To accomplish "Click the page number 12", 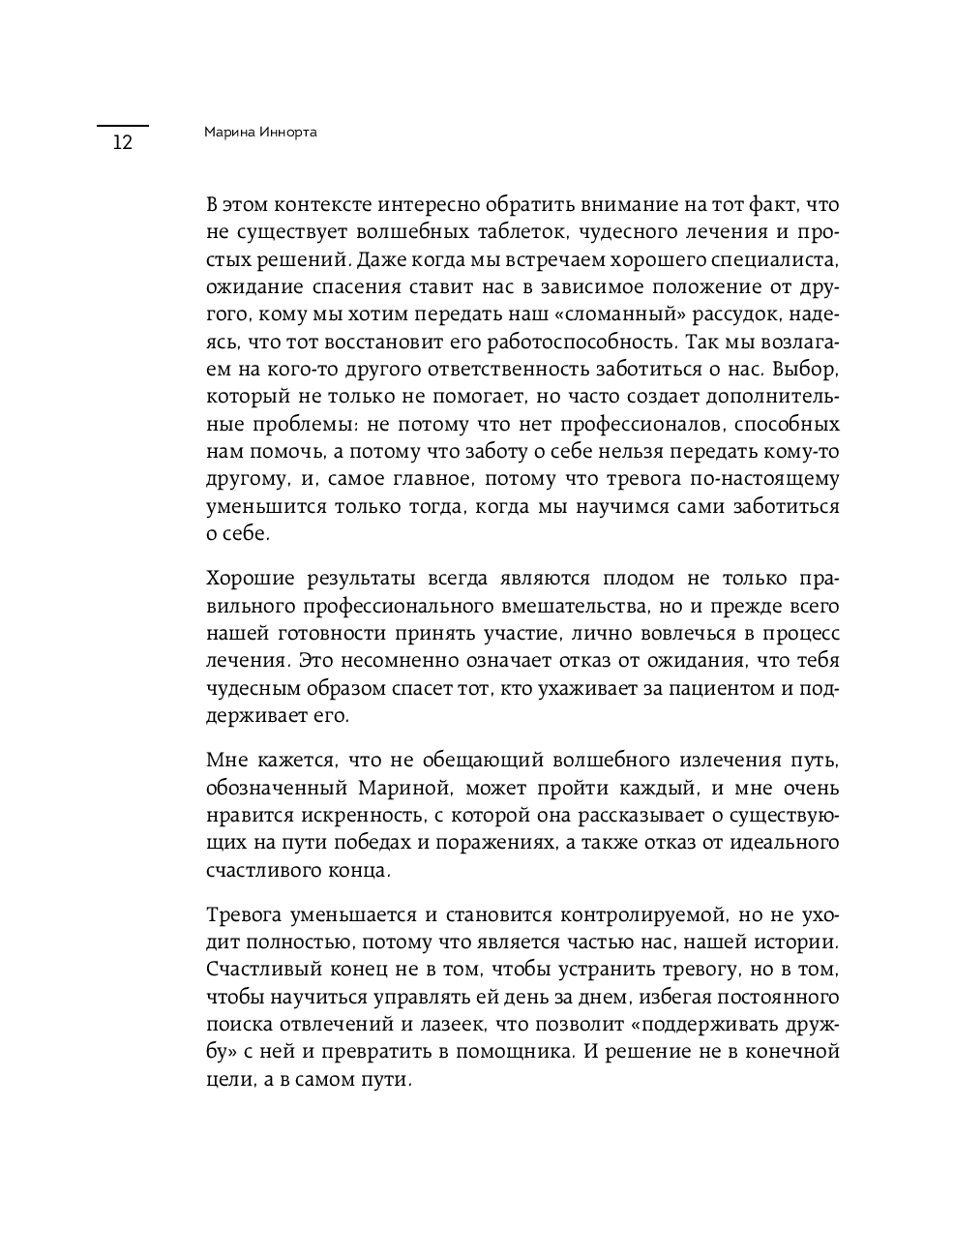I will click(122, 143).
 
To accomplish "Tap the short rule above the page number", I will click(122, 126).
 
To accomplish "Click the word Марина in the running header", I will click(228, 133).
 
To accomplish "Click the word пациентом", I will click(712, 689).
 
